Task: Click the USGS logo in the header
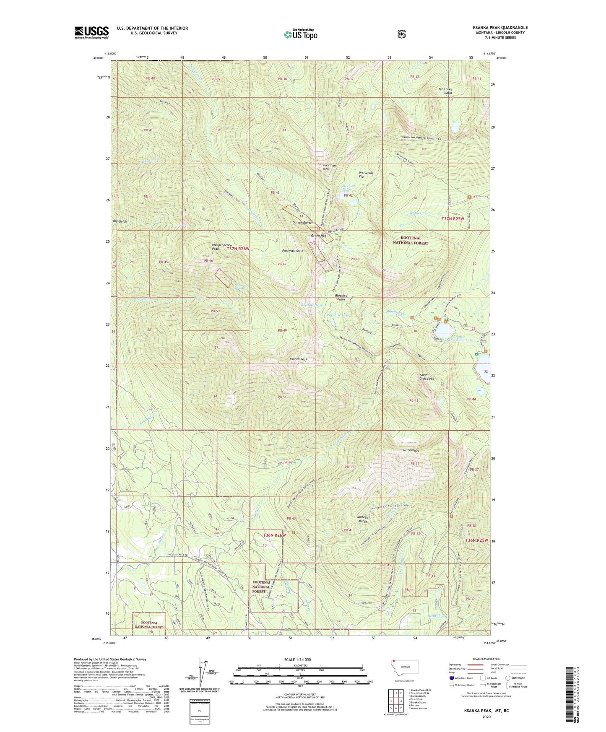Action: tap(91, 32)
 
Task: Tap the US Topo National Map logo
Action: tap(300, 34)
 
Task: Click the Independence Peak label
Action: tap(215, 247)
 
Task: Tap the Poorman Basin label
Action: tap(292, 251)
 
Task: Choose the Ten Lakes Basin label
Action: tap(446, 91)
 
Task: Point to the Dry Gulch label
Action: tap(120, 221)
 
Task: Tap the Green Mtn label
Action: tap(318, 236)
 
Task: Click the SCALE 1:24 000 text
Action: tap(297, 659)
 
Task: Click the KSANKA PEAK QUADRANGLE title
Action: tap(500, 28)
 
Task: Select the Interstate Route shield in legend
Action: tap(451, 678)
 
